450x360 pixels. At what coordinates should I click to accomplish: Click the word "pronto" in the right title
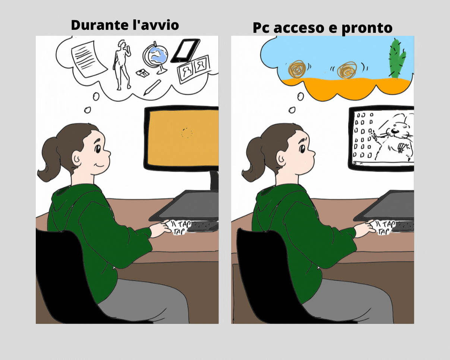click(x=367, y=28)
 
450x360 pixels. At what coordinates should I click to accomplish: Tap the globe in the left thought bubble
click(x=156, y=57)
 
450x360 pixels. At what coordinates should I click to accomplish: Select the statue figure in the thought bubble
click(x=122, y=65)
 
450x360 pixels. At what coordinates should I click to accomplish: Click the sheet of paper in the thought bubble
click(x=89, y=59)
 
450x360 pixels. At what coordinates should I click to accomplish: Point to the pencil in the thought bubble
click(x=152, y=88)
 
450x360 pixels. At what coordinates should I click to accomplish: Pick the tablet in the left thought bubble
click(x=185, y=51)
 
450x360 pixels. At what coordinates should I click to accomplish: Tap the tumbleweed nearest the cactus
click(x=347, y=70)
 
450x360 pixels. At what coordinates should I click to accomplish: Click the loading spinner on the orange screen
click(x=186, y=133)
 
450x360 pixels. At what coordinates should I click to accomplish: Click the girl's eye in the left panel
click(x=98, y=149)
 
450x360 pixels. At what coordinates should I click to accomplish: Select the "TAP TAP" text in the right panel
click(x=385, y=228)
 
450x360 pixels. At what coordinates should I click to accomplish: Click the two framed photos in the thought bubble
click(x=193, y=68)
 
